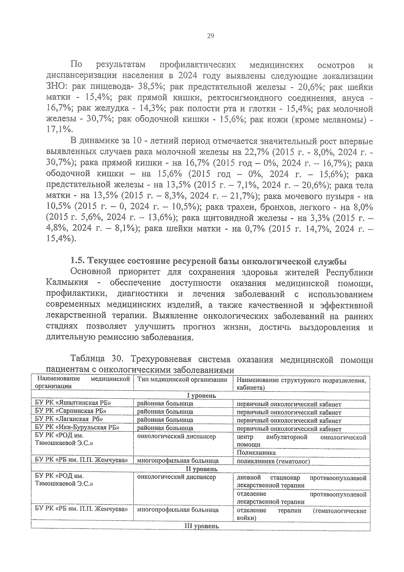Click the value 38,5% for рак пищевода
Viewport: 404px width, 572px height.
(149, 87)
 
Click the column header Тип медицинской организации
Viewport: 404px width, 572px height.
(182, 380)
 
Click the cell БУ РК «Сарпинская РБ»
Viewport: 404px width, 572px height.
(71, 411)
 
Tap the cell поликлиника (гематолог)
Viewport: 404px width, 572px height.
(273, 461)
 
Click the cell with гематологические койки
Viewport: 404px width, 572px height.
(301, 514)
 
